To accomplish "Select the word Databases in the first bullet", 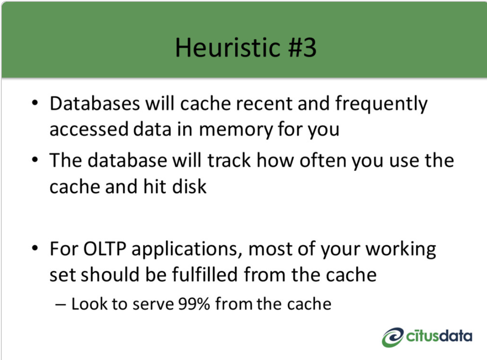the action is (x=95, y=104).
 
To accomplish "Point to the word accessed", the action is (x=89, y=130).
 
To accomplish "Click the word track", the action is (x=229, y=160).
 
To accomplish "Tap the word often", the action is (x=323, y=160).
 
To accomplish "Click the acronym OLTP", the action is (x=105, y=249).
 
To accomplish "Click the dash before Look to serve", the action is (x=60, y=305).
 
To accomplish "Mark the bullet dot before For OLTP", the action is (x=35, y=248).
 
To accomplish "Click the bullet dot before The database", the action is (x=35, y=160).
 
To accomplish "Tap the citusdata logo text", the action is (x=439, y=336).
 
